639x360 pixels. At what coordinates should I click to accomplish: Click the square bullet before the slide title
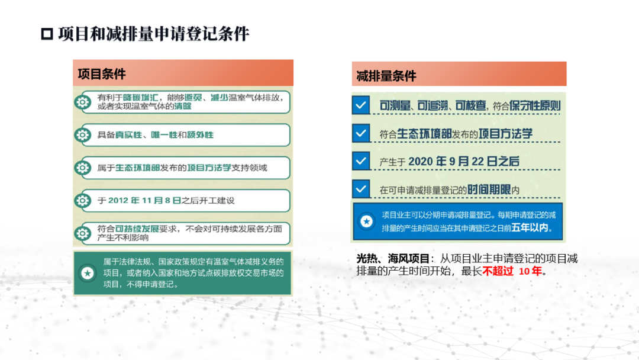coord(47,34)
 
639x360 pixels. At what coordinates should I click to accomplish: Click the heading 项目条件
coord(102,74)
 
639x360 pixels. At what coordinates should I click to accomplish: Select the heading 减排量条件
coord(386,76)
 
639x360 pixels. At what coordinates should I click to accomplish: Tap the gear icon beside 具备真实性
coord(83,135)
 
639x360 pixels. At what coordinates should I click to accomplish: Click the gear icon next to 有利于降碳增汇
coord(83,102)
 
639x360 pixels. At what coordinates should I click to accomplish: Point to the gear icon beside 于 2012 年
coord(83,201)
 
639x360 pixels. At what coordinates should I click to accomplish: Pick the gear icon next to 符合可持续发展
coord(83,234)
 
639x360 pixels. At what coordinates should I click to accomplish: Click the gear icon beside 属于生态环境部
coord(83,168)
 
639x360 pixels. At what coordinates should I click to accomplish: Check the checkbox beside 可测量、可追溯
coord(361,105)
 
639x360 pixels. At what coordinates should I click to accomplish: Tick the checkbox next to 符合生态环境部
coord(361,133)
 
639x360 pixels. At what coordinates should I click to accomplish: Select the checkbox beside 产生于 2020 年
coord(361,161)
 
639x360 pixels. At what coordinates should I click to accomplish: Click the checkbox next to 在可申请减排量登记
coord(361,189)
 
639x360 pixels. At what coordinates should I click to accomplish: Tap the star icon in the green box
coord(87,273)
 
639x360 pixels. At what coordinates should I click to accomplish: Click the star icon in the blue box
coord(366,221)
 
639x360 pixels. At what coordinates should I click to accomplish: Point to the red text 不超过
coord(498,271)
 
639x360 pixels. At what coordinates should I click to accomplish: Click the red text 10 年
coord(530,271)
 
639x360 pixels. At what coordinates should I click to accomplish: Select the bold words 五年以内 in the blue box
coord(530,227)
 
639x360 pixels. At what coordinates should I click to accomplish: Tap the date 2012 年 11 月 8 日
coord(145,201)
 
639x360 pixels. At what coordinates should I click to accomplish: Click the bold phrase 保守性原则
coord(535,105)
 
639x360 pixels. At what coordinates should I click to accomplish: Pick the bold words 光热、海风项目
coord(393,259)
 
